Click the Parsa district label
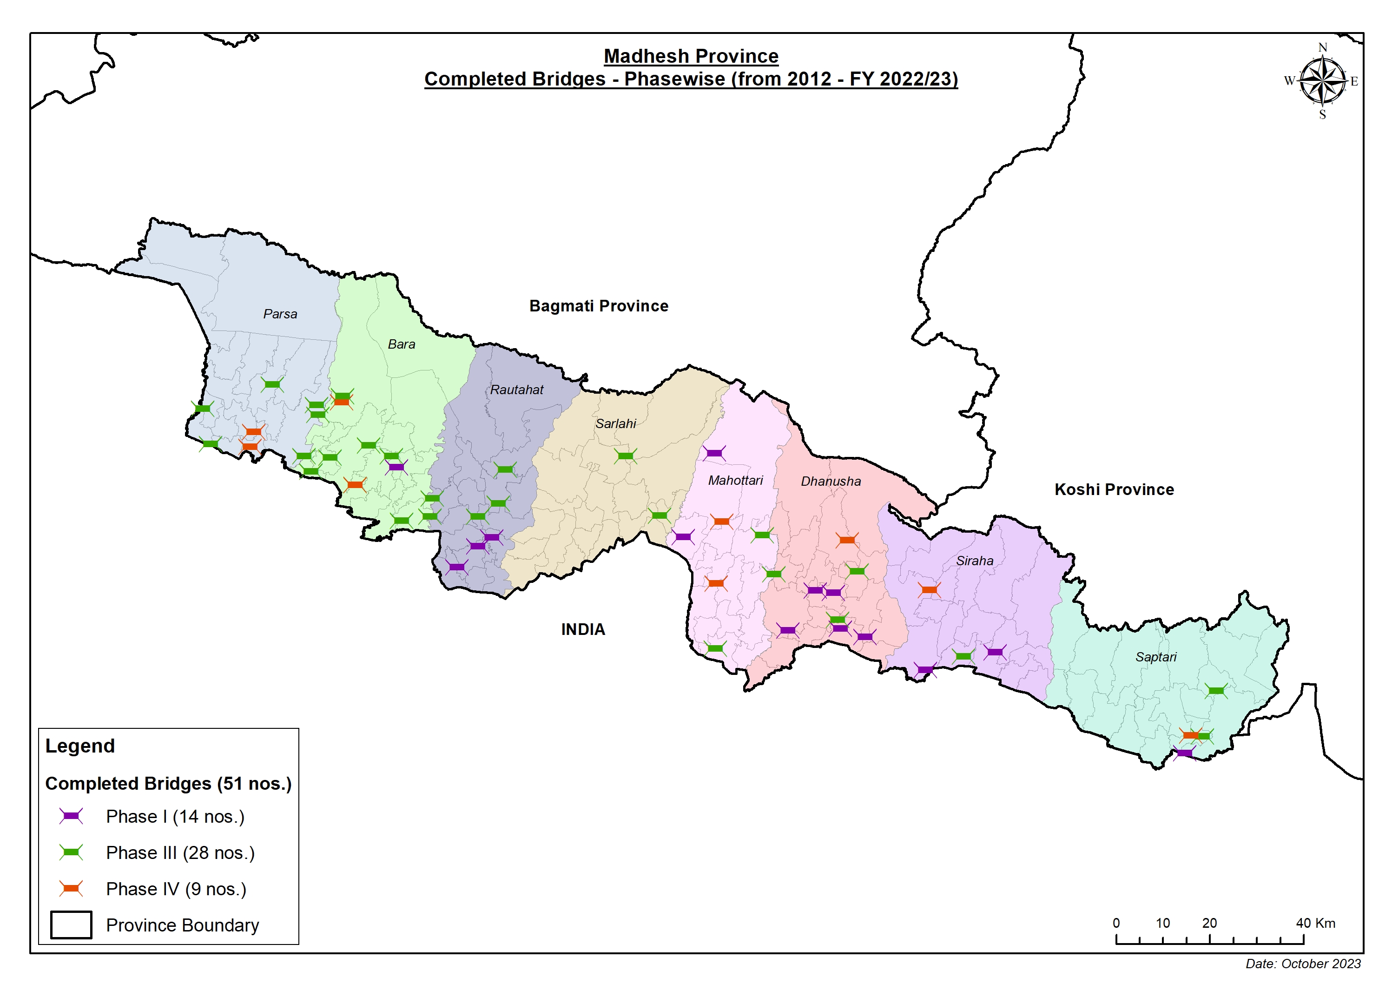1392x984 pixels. (280, 314)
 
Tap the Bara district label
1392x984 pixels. (402, 344)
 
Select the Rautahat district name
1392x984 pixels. (516, 390)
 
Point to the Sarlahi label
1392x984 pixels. (615, 424)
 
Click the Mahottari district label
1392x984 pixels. (735, 481)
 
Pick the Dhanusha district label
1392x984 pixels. (831, 482)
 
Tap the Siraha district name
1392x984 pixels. (974, 561)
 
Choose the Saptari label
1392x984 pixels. (1155, 657)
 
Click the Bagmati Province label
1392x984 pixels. (598, 306)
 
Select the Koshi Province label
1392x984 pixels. (1114, 490)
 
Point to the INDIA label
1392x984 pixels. (583, 630)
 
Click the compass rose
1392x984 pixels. (1322, 80)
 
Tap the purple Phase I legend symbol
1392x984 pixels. (71, 816)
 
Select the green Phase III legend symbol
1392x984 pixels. (71, 852)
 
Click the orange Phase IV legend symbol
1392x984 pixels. (71, 889)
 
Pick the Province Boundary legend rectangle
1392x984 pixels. (71, 925)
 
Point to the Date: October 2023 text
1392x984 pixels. (1303, 964)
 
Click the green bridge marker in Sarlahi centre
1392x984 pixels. (625, 456)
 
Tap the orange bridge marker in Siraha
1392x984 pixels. (929, 589)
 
